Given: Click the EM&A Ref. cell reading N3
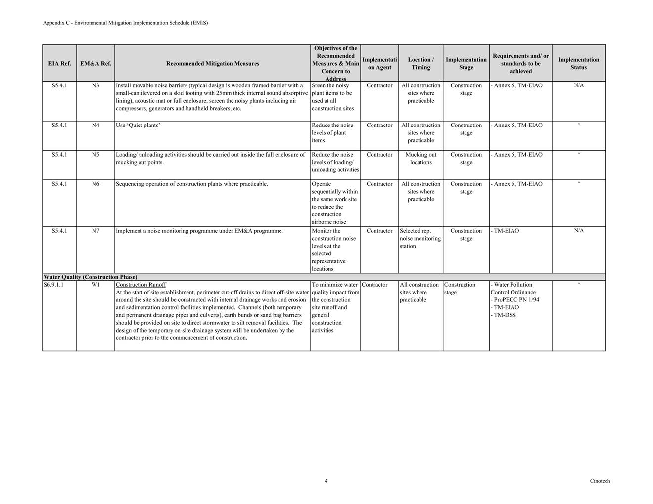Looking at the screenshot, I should pos(95,85).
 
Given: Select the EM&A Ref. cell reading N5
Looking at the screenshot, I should pos(95,155).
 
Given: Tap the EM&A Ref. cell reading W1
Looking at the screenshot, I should pos(95,285).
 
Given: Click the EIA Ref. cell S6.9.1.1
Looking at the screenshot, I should pos(53,285).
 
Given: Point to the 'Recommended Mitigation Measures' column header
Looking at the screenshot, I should pos(213,63).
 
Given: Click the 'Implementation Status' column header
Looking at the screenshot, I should pos(578,63).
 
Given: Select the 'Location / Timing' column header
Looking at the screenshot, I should pos(420,63).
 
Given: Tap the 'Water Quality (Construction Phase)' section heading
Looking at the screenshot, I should pos(90,277).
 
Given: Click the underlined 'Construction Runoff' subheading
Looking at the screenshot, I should pos(141,285).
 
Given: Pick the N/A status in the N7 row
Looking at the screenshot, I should pos(579,231).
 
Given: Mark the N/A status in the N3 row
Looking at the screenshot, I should pos(579,85).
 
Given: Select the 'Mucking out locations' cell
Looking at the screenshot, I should pos(420,158).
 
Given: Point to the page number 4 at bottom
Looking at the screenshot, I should pos(326,481).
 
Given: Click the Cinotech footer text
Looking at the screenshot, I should pos(600,481).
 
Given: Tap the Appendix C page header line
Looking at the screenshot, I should pos(125,23).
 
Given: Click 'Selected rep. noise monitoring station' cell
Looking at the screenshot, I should pos(420,238).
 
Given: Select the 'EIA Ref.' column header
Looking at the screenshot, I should pos(59,63).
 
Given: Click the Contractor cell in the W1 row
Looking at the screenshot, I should pos(374,285).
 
